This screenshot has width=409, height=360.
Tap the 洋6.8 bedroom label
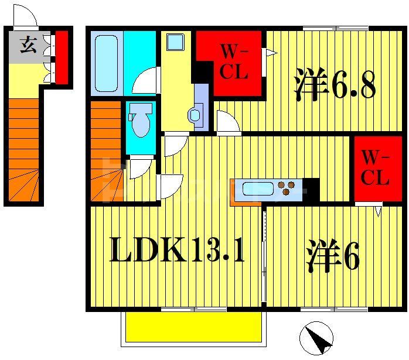(x=335, y=85)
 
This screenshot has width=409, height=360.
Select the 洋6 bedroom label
(x=332, y=258)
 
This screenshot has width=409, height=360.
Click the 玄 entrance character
(x=27, y=45)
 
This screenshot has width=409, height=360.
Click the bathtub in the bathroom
(x=106, y=63)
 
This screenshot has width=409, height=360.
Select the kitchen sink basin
(x=258, y=189)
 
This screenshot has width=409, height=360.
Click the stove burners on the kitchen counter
(x=287, y=188)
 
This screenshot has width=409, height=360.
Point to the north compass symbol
(x=316, y=338)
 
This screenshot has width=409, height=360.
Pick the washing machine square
(x=175, y=42)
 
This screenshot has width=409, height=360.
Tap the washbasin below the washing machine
(x=196, y=115)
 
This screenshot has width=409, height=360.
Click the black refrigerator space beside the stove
(x=311, y=189)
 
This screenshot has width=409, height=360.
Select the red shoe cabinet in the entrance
(x=62, y=57)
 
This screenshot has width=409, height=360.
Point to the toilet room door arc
(x=139, y=167)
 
